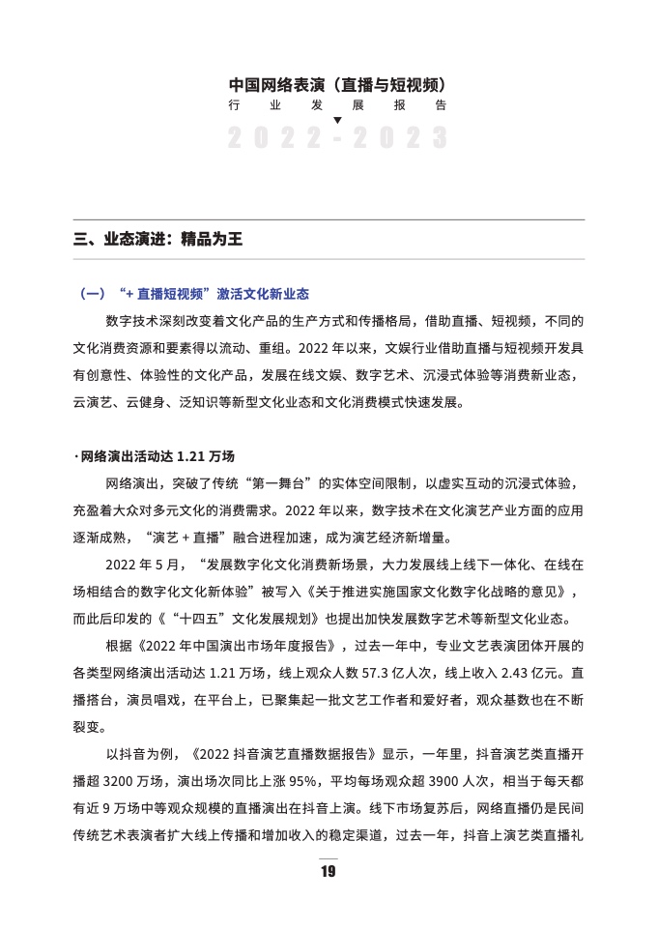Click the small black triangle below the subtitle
[337, 121]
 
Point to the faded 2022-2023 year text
[337, 138]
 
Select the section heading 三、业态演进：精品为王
[157, 240]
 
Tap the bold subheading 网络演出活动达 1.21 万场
[157, 454]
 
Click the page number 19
[329, 872]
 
